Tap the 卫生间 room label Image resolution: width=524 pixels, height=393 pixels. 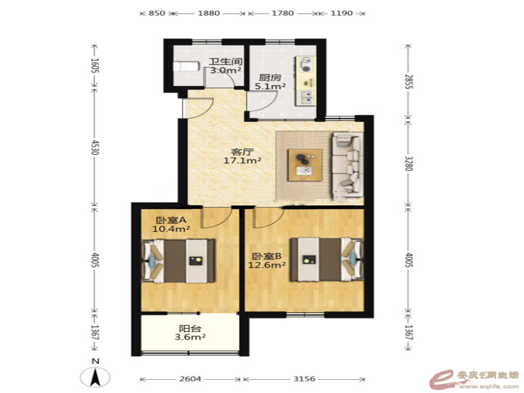click(226, 62)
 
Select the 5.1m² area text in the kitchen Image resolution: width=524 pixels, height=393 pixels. click(270, 86)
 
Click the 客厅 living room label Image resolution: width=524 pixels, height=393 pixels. click(242, 152)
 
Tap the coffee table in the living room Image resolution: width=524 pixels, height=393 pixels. click(305, 165)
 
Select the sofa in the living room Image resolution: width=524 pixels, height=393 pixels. click(347, 164)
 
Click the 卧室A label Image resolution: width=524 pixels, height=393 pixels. click(171, 220)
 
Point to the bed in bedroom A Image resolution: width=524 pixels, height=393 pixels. click(179, 260)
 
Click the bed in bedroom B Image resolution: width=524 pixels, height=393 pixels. click(327, 259)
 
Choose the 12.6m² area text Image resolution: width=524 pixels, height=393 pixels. click(267, 265)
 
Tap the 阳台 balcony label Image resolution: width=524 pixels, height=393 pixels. click(190, 329)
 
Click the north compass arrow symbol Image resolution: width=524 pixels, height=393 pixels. click(95, 378)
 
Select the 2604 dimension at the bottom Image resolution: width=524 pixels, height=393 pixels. click(190, 379)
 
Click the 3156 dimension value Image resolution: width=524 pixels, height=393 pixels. click(304, 379)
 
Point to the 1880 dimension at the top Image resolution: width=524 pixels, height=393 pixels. click(209, 13)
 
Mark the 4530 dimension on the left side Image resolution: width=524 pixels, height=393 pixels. click(95, 147)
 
